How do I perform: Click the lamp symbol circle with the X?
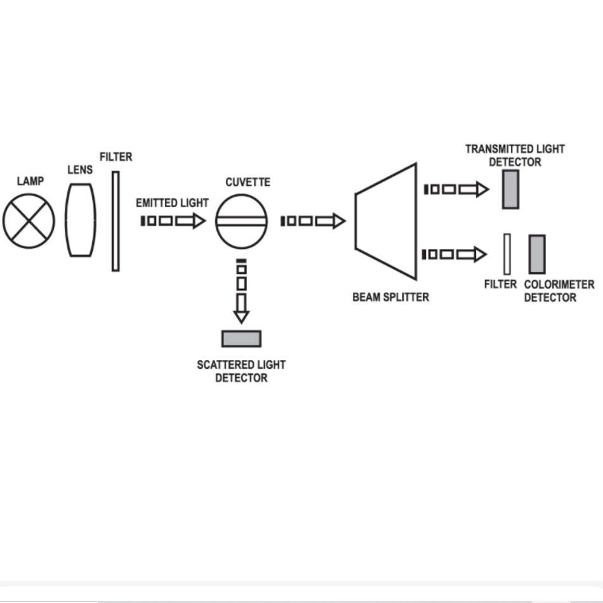pos(29,221)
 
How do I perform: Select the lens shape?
pos(81,220)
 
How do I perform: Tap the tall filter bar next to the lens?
pos(116,221)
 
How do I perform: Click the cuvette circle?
pos(241,221)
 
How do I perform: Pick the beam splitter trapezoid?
pos(386,222)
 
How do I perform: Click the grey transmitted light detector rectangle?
pos(511,189)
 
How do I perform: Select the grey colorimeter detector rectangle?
pos(537,255)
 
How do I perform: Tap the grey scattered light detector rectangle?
pos(241,339)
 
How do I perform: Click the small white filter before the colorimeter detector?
pos(507,254)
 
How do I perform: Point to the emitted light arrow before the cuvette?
pos(173,221)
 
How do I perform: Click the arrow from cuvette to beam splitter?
pos(313,221)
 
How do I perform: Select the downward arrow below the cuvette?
pos(241,291)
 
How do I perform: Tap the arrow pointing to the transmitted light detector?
pos(456,189)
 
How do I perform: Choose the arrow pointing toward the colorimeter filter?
pos(455,254)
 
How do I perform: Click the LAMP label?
pos(30,181)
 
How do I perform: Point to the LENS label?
pos(80,169)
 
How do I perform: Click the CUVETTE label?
pos(248,182)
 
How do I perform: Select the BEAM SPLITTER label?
pos(391,297)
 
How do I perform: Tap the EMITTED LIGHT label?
pos(172,202)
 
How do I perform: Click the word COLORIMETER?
pos(559,284)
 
